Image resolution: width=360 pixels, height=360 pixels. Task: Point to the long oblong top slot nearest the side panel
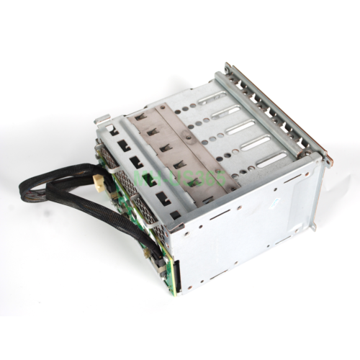click(271, 159)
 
